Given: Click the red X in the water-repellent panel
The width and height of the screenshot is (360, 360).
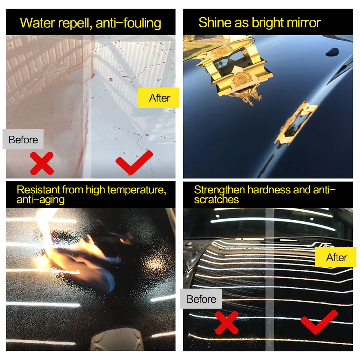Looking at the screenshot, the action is click(x=42, y=163).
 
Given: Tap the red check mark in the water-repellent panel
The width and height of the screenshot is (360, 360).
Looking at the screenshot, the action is click(x=134, y=163).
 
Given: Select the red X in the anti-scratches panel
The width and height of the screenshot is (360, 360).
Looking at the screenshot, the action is click(x=226, y=323).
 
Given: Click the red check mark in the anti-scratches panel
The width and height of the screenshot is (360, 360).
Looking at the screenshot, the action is click(x=319, y=322).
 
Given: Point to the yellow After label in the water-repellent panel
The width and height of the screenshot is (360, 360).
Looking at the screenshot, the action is click(x=158, y=98).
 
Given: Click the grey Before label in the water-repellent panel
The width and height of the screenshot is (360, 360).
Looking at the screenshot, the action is click(x=23, y=139).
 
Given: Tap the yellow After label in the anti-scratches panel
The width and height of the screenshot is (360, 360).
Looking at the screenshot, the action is click(x=336, y=257).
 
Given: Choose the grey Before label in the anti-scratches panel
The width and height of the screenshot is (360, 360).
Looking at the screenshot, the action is click(x=201, y=299).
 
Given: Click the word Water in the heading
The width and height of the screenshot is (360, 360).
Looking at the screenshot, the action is click(x=37, y=23).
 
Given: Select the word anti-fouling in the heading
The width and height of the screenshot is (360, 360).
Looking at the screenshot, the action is click(x=129, y=23).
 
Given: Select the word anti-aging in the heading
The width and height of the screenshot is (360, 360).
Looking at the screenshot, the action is click(x=41, y=200).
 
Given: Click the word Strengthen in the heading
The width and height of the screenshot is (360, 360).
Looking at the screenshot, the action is click(x=220, y=190).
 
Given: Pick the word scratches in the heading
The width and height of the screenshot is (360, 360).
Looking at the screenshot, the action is click(x=216, y=199).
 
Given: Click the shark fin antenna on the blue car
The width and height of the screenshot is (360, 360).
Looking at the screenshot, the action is click(x=332, y=52).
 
